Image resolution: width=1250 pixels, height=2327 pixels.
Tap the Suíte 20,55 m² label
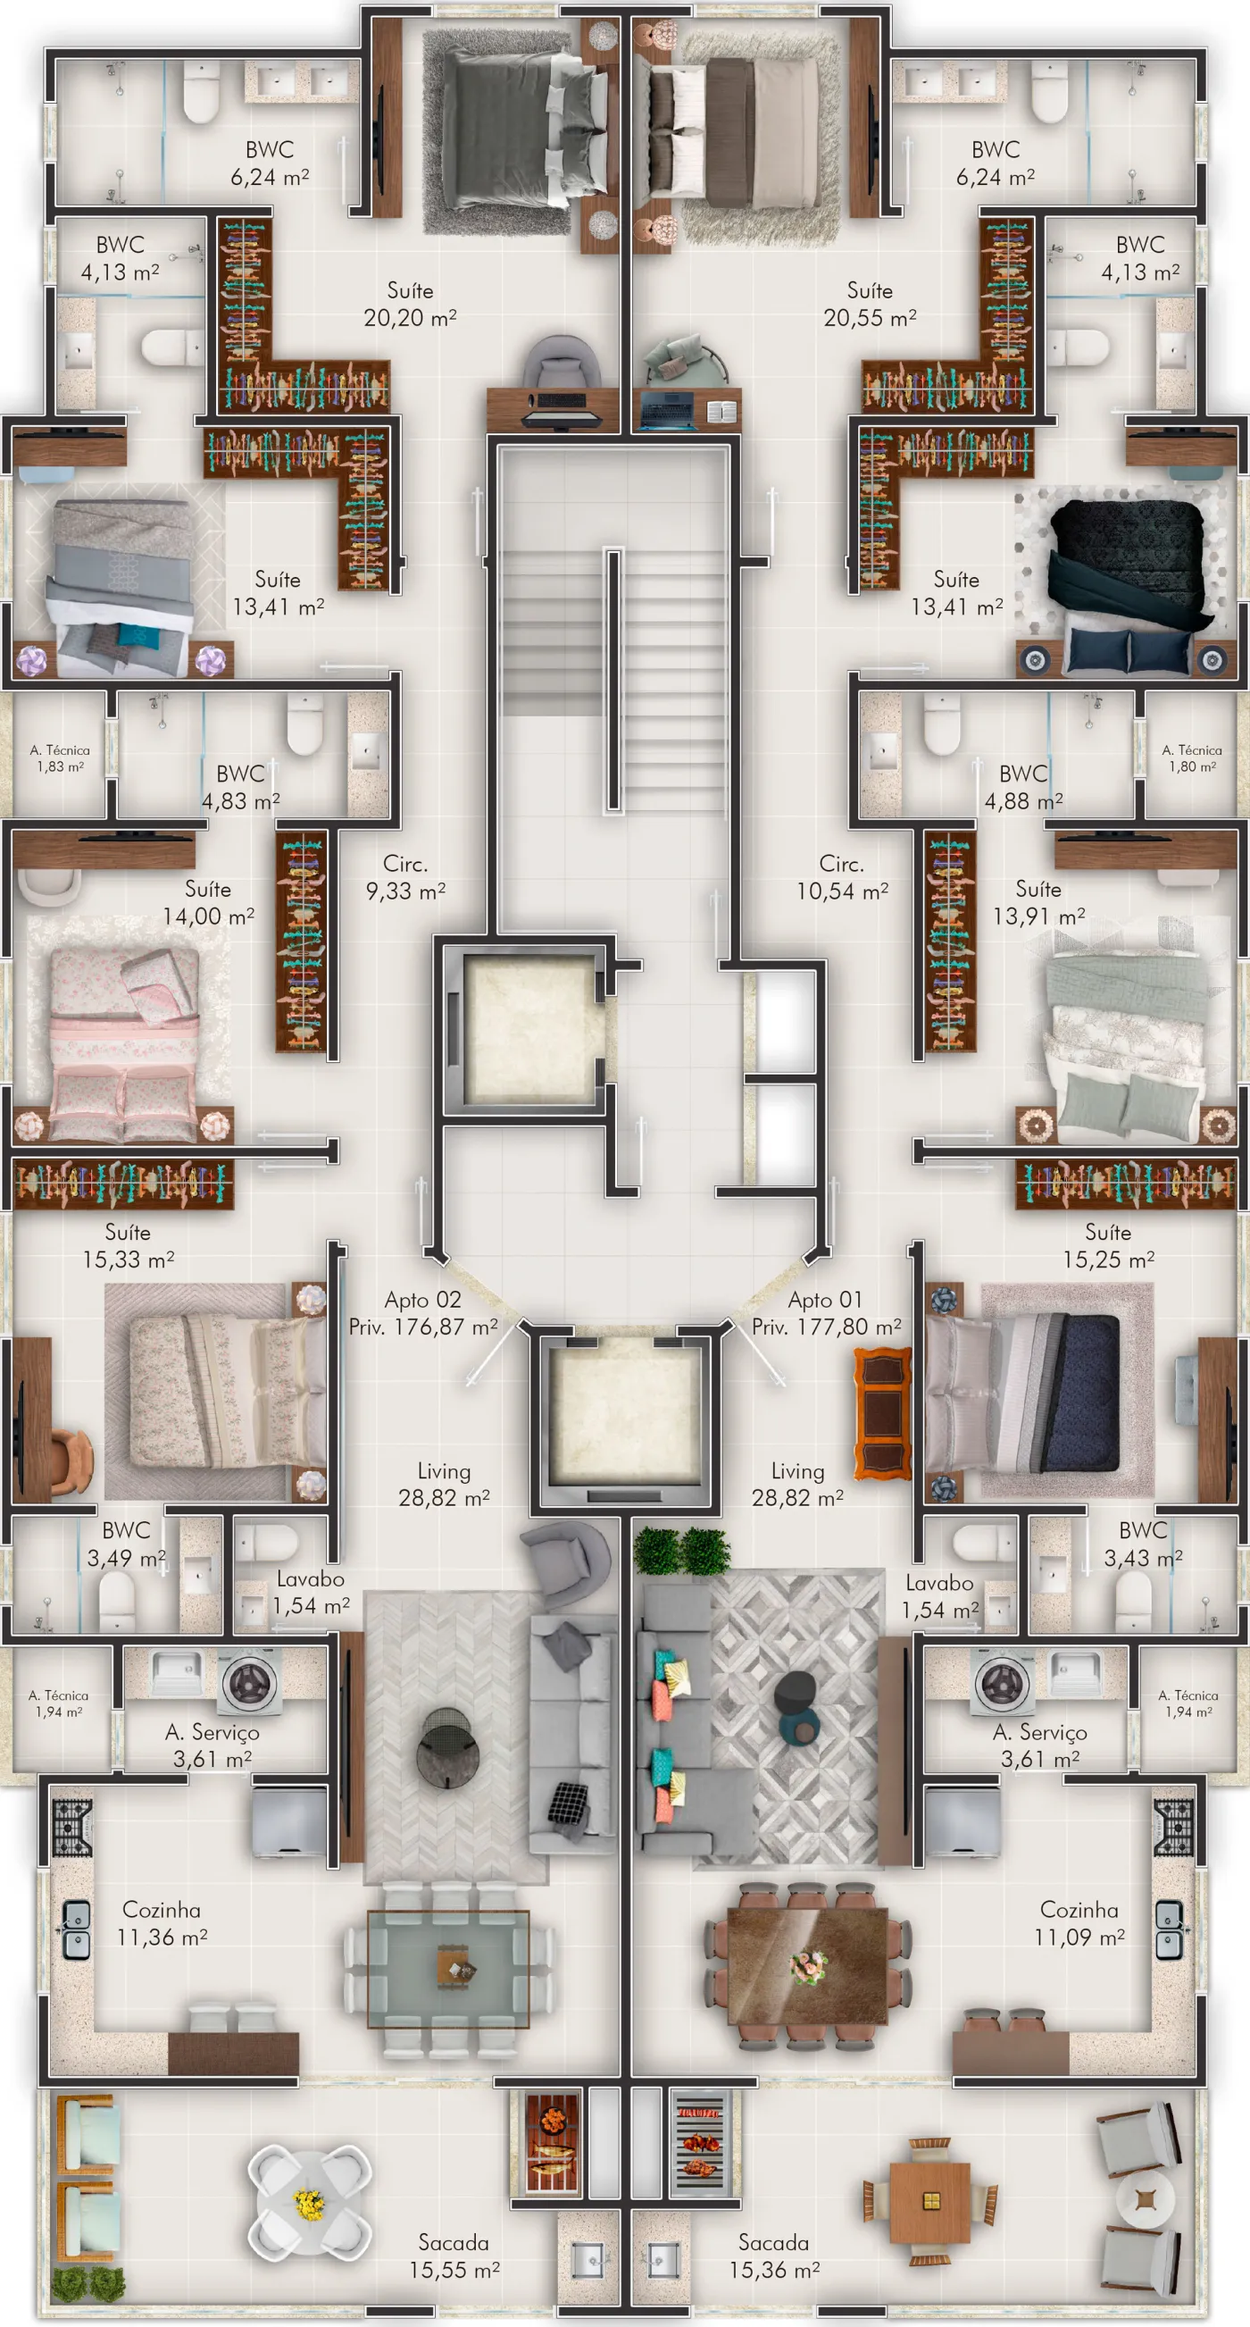pos(870,304)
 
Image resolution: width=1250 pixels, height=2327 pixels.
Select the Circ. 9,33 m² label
pos(405,877)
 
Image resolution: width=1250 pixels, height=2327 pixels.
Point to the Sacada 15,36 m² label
pos(774,2256)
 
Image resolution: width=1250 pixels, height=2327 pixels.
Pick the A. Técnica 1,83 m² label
pos(60,758)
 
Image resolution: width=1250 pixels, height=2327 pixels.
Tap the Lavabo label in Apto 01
pos(939,1583)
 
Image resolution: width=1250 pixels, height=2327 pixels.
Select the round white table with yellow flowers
pos(309,2201)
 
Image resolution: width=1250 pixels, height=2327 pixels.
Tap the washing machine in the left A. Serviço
pos(249,1681)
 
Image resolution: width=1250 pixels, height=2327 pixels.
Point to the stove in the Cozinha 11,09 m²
pos(1173,1828)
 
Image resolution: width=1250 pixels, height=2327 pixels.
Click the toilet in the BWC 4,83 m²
pos(304,724)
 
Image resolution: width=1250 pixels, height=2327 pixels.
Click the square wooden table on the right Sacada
pos(930,2201)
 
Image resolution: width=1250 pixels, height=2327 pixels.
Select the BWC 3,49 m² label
pos(127,1544)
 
